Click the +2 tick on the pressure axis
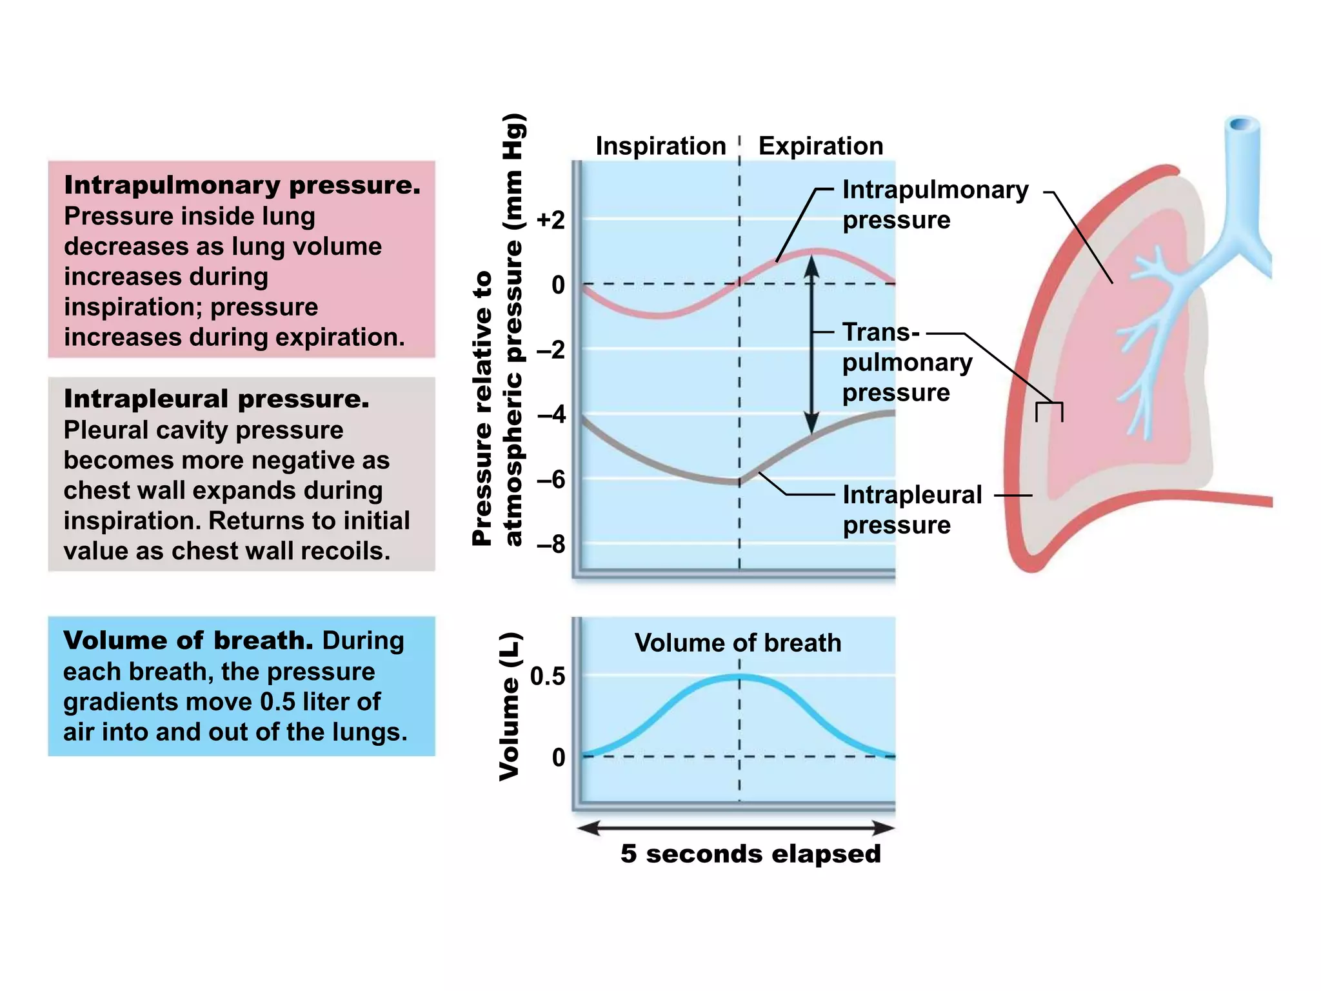550,221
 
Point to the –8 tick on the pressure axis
550,545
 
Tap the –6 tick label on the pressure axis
550,479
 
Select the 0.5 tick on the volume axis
548,677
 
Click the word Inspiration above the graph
660,146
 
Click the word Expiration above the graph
820,146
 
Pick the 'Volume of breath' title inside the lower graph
738,643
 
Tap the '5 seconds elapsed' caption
750,854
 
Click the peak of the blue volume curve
739,677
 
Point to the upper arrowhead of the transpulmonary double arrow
811,265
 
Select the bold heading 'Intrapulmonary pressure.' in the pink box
242,186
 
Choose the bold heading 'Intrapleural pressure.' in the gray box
216,399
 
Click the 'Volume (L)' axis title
510,706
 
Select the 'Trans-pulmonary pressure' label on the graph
906,363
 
